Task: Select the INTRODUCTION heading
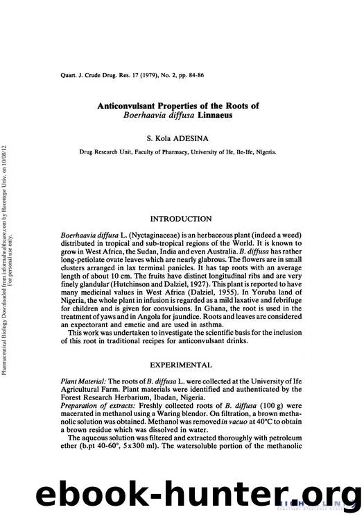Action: pos(182,219)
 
